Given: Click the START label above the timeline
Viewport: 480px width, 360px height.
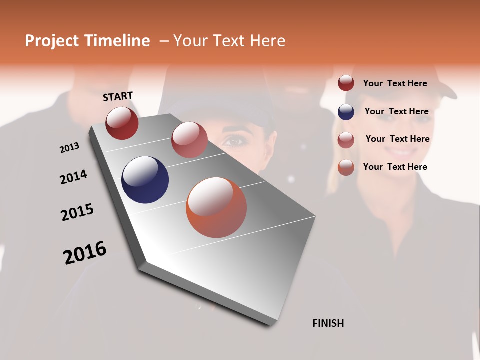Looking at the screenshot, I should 118,96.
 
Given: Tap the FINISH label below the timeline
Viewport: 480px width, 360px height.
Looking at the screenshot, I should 328,323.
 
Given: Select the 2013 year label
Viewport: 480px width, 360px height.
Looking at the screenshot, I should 70,148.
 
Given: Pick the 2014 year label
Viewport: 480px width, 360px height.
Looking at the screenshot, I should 73,177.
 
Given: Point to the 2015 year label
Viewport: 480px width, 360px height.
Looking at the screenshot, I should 77,212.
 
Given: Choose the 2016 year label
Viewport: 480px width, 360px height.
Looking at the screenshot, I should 85,253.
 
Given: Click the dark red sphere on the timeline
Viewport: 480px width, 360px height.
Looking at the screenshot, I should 122,123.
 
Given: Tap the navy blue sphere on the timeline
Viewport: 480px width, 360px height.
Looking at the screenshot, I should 145,180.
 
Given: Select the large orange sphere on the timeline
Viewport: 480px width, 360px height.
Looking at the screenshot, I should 216,207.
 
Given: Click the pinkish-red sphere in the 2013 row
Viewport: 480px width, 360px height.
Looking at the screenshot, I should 189,140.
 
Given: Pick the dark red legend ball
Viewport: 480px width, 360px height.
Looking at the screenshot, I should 346,83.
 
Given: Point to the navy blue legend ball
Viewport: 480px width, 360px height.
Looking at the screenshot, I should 346,112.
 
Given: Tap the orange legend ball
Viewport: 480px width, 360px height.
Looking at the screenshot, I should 346,167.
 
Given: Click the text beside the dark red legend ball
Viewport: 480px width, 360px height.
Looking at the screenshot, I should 395,83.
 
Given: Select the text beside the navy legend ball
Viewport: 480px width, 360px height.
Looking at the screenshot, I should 396,111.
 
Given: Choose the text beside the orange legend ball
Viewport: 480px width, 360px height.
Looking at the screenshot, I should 395,167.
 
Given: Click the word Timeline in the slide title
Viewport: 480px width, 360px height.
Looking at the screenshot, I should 117,41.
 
